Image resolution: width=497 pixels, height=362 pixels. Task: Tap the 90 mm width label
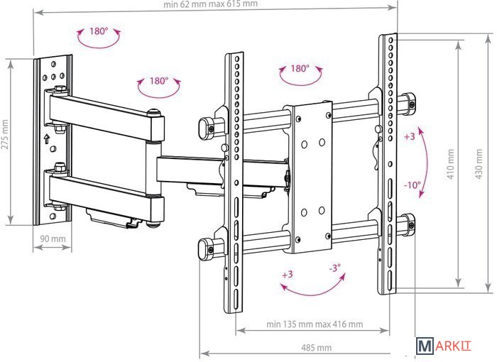[x=53, y=238]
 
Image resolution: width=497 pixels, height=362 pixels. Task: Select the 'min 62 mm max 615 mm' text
[x=210, y=4]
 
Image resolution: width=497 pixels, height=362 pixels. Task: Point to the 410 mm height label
[x=451, y=164]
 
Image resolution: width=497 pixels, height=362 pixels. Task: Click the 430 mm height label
[x=479, y=164]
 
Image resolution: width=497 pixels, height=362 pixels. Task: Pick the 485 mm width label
[x=317, y=348]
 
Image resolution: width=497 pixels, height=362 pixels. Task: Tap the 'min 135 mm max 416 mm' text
[x=315, y=324]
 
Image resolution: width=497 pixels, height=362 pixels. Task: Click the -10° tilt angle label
[x=412, y=185]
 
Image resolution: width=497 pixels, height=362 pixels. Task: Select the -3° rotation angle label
[x=334, y=268]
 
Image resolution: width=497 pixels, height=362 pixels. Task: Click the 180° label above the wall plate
[x=99, y=31]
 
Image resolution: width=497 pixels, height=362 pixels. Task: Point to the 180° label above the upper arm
[x=159, y=81]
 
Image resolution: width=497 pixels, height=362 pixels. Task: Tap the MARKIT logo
[x=444, y=346]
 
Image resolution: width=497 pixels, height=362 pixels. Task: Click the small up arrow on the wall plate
[x=47, y=138]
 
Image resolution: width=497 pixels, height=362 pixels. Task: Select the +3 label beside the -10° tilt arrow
[x=410, y=136]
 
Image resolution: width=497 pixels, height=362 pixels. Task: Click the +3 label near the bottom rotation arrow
[x=287, y=274]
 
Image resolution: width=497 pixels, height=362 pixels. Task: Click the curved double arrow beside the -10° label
[x=423, y=163]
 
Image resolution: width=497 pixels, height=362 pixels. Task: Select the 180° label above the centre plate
[x=300, y=68]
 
